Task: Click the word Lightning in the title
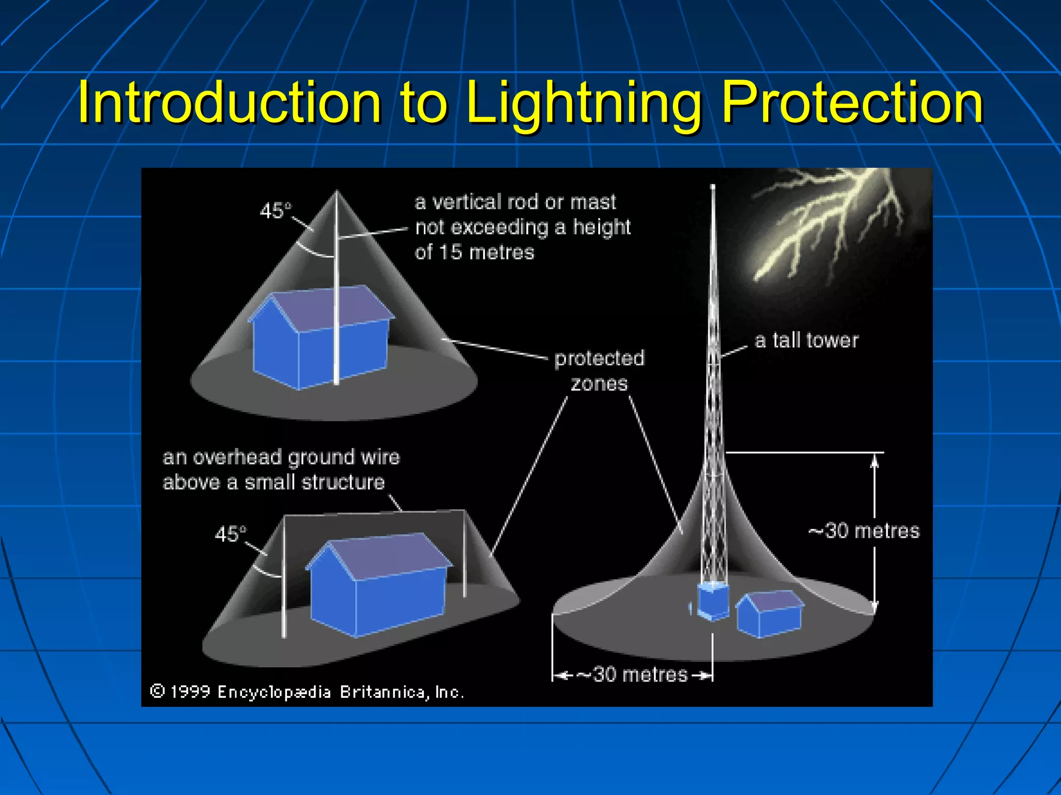point(583,104)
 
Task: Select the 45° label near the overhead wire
point(231,534)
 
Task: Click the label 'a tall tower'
point(806,341)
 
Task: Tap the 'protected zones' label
point(599,371)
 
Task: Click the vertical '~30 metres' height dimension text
point(864,531)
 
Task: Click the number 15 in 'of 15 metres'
point(450,253)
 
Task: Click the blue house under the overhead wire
point(378,590)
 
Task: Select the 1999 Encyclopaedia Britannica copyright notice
point(307,692)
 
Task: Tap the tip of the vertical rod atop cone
point(337,193)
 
